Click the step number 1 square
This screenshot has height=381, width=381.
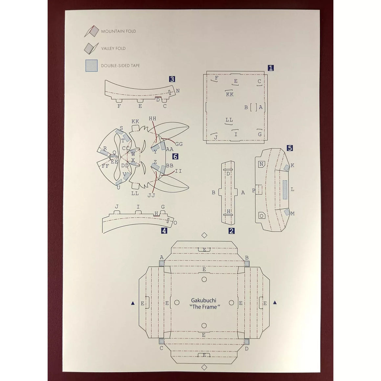pyautogui.click(x=271, y=68)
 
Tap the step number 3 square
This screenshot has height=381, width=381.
pyautogui.click(x=172, y=79)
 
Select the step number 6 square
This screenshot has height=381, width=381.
pyautogui.click(x=175, y=156)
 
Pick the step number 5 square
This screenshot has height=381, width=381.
pyautogui.click(x=290, y=148)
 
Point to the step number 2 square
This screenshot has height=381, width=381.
pyautogui.click(x=231, y=231)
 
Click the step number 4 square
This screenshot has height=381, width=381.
pyautogui.click(x=164, y=231)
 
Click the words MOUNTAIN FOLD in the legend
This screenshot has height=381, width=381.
pyautogui.click(x=119, y=31)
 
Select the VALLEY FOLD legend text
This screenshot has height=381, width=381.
pyautogui.click(x=113, y=48)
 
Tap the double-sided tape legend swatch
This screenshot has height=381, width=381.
pyautogui.click(x=91, y=66)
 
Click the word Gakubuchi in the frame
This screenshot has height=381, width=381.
pyautogui.click(x=204, y=300)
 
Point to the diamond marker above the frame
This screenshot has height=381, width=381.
pyautogui.click(x=204, y=235)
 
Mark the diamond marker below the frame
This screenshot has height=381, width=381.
pyautogui.click(x=204, y=367)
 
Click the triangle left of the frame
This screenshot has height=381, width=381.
pyautogui.click(x=133, y=303)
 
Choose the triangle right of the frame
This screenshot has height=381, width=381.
pyautogui.click(x=275, y=303)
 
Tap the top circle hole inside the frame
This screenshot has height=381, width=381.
pyautogui.click(x=204, y=280)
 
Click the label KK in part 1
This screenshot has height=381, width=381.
pyautogui.click(x=230, y=94)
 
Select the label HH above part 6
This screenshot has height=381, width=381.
pyautogui.click(x=153, y=119)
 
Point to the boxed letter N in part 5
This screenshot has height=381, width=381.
pyautogui.click(x=261, y=164)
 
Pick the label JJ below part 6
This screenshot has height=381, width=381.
pyautogui.click(x=151, y=195)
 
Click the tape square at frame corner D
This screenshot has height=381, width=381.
pyautogui.click(x=247, y=342)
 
